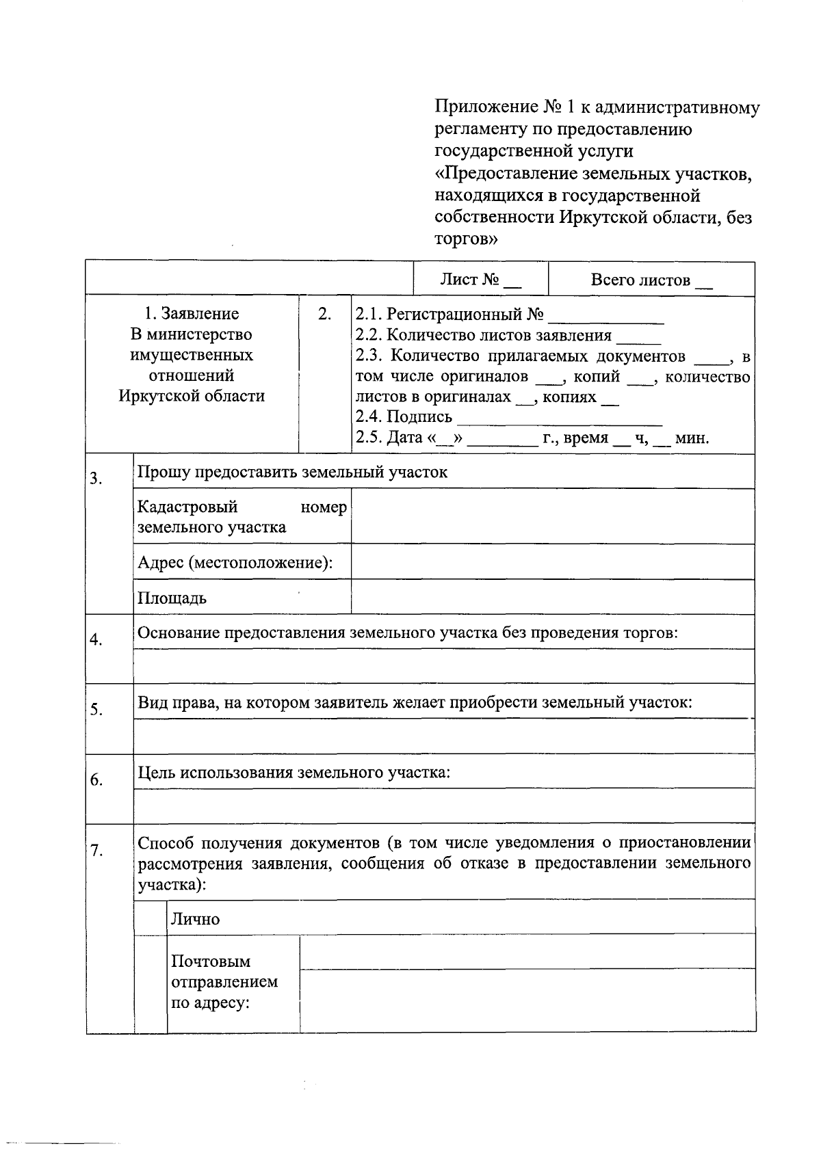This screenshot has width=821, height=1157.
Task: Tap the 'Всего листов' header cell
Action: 651,280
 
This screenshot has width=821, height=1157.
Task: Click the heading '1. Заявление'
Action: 192,314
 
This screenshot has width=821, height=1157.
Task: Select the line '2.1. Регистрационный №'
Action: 510,315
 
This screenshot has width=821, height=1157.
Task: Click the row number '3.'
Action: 96,478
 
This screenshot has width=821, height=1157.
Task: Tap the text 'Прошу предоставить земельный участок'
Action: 292,472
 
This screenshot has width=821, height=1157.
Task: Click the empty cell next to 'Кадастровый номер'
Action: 552,516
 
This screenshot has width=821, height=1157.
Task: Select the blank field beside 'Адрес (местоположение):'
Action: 552,562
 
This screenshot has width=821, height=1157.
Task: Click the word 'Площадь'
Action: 172,598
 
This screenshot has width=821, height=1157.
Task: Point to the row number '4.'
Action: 96,640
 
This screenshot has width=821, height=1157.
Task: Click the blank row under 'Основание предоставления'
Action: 443,666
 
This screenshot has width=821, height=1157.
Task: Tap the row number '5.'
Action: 96,710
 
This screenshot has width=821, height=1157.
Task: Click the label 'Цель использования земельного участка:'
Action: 294,773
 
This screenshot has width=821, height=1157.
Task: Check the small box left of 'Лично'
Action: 151,918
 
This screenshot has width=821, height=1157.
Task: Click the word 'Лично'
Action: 195,919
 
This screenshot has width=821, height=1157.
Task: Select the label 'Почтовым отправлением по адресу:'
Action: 224,982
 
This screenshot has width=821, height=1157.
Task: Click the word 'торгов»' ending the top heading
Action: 466,239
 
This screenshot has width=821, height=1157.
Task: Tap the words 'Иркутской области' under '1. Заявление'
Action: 192,396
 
